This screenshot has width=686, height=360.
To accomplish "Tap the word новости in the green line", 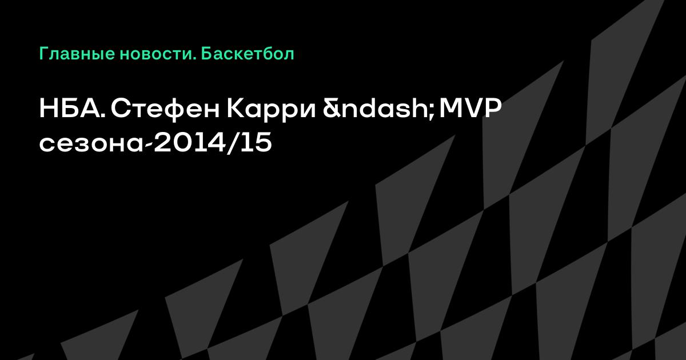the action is click(x=156, y=54).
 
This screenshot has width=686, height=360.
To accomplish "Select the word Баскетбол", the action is click(x=248, y=54).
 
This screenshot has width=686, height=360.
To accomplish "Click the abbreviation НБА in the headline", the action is click(x=70, y=109).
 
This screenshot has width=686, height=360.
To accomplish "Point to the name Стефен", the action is click(x=165, y=110).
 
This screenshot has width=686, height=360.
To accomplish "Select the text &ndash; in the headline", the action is click(x=378, y=109).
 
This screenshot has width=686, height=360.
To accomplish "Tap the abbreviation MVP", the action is click(x=470, y=109).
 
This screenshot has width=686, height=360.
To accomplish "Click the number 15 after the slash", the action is click(x=256, y=143).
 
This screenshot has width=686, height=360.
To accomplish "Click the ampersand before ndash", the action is click(x=332, y=109).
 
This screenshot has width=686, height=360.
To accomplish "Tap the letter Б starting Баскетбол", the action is click(x=206, y=54).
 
